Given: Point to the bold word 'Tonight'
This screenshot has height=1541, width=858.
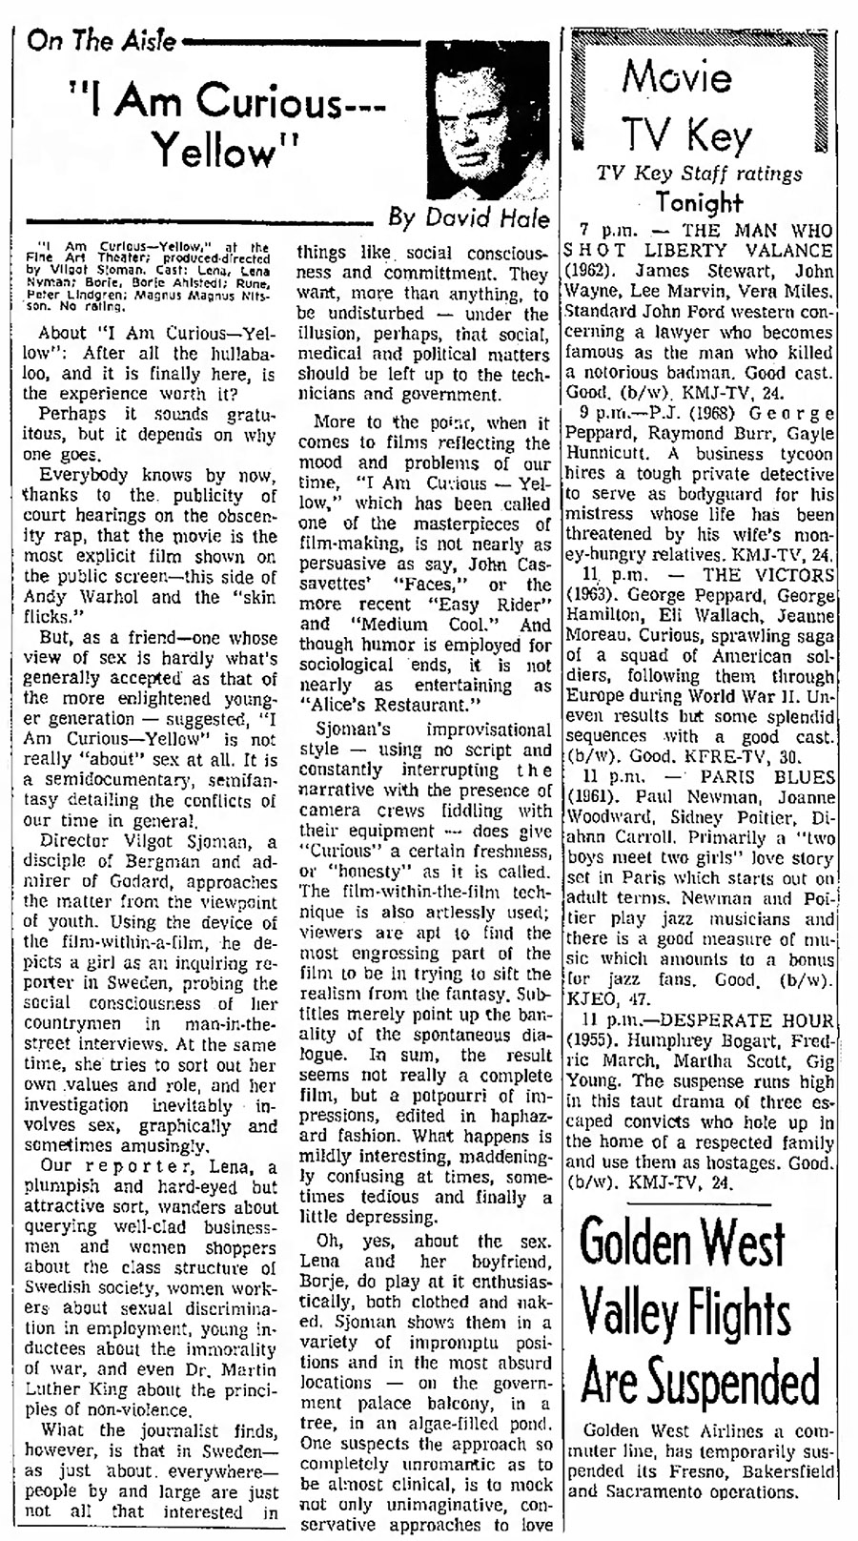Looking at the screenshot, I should coord(699,201).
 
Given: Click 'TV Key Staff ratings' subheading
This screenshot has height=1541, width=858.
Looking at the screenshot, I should coord(699,174).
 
